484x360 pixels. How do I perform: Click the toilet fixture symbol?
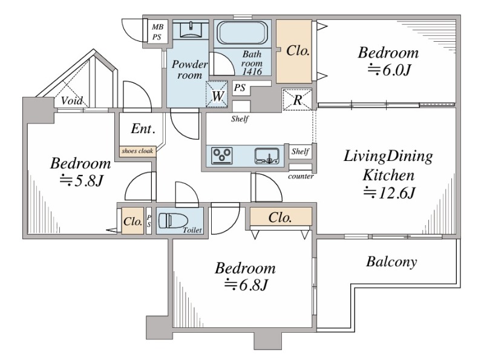pos(170,221)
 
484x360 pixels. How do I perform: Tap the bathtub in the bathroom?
pos(241,34)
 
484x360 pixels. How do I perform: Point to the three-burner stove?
pos(221,156)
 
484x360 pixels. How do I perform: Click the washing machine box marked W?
pos(217,95)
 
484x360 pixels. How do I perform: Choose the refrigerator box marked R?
pos(298,100)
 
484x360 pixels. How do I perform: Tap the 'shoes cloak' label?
pos(138,151)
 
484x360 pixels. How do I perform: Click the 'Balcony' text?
pos(391,263)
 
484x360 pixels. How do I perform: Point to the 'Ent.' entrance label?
pos(143,129)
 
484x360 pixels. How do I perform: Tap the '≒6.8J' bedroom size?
pos(246,284)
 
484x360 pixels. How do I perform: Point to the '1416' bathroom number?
pos(251,71)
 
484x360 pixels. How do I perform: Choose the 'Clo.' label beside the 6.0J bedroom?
pos(298,51)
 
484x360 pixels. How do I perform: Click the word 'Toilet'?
pos(194,231)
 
